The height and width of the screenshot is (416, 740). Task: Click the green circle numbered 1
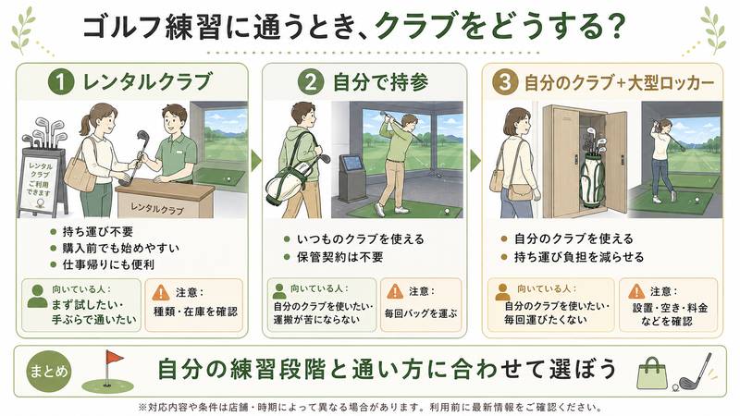[61, 82]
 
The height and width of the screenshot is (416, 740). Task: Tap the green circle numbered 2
[311, 82]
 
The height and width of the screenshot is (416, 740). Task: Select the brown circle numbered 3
[505, 82]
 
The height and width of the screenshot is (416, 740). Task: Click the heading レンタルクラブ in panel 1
[148, 82]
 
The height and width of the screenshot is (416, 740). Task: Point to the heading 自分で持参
[381, 82]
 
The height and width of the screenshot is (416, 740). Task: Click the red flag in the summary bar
[114, 358]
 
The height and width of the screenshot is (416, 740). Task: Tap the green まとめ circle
[49, 372]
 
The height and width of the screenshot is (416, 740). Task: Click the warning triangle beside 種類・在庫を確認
[161, 293]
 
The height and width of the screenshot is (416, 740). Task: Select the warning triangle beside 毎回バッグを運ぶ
[395, 291]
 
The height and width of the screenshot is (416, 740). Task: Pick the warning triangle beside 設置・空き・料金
[636, 291]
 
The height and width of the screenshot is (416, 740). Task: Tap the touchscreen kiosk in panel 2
[351, 177]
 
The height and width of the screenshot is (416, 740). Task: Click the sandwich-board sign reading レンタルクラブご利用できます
[41, 182]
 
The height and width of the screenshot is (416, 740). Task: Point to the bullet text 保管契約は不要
[339, 257]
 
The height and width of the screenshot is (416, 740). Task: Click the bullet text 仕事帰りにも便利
[108, 264]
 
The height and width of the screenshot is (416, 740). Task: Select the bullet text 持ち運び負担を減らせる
[579, 257]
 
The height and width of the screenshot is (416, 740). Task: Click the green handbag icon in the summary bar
[652, 373]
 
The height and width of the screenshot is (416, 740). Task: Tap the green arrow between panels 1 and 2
[256, 161]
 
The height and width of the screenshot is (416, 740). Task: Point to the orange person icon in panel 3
[502, 292]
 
